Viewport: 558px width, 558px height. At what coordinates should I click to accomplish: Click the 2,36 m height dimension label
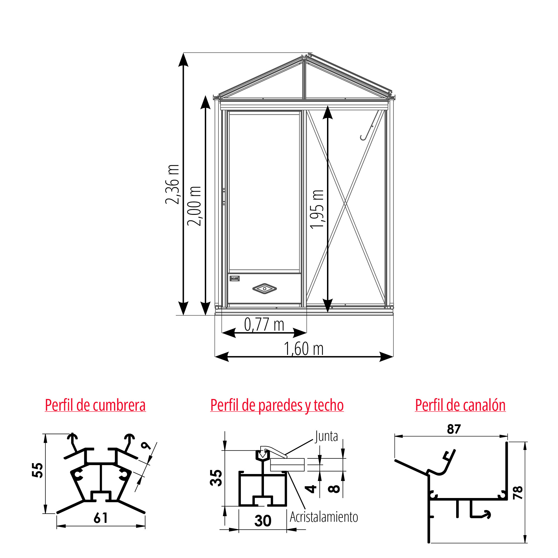pos(172,184)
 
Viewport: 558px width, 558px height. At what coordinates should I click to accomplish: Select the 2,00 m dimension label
pos(194,206)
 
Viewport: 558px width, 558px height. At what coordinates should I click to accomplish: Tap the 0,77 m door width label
pos(264,324)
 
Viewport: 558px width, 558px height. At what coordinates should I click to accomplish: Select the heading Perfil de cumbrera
pos(95,405)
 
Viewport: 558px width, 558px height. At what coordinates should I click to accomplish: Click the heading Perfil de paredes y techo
pos(277,405)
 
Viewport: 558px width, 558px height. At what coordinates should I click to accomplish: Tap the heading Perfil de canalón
pos(460,405)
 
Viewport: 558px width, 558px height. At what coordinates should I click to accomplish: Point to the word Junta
pos(326,436)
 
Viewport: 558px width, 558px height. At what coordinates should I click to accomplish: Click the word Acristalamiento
pos(324,517)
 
